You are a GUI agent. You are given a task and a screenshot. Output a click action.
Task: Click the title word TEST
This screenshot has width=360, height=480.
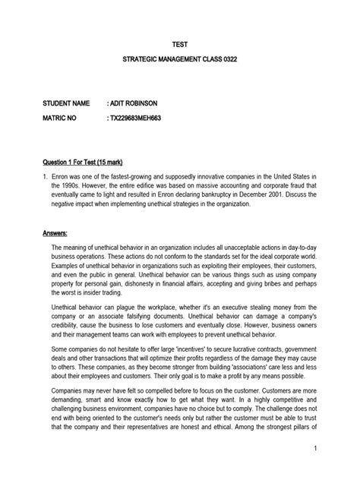(x=180, y=45)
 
